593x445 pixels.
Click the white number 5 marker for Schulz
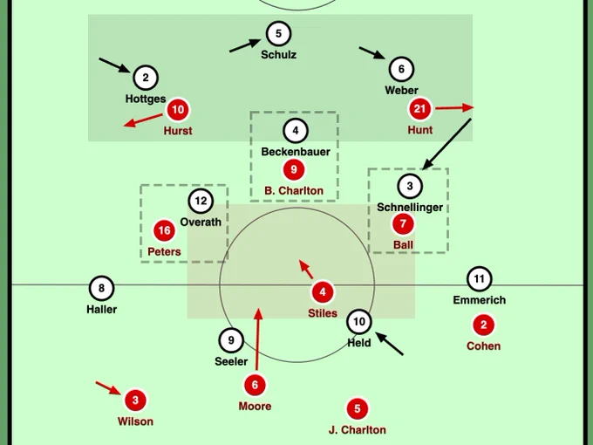coord(278,34)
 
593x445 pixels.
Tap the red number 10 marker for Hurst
coord(178,110)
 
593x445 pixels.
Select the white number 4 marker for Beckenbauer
coord(296,131)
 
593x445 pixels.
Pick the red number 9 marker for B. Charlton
coord(294,169)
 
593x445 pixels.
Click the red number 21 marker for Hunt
coord(419,109)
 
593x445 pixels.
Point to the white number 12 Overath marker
coord(201,201)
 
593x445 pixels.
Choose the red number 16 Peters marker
coord(164,230)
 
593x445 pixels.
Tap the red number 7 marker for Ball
coord(403,223)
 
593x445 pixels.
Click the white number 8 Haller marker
coord(101,288)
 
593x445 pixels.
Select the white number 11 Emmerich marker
coord(479,279)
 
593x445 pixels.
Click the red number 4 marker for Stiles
coord(323,292)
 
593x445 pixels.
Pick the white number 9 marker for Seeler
coord(231,340)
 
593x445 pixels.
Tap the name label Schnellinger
coord(410,208)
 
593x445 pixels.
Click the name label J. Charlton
coord(358,430)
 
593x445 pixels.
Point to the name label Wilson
coord(135,421)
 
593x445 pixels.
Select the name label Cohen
coord(483,346)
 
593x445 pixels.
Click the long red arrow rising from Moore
coord(257,339)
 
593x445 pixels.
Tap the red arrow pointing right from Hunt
coord(454,108)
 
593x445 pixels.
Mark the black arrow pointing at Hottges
coord(114,65)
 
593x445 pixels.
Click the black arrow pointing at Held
coord(389,344)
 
